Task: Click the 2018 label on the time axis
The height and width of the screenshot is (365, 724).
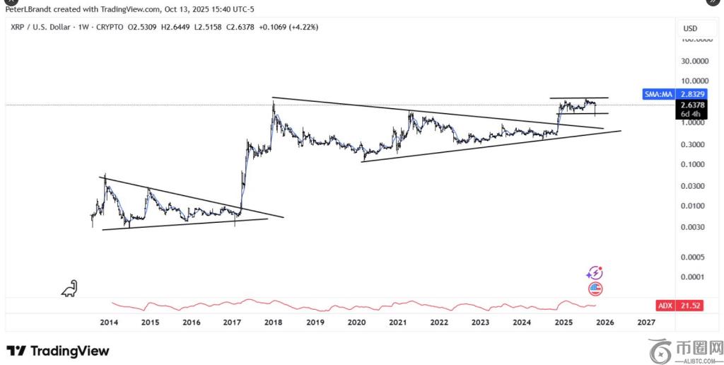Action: point(274,322)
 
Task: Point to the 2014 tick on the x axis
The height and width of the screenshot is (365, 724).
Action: point(108,322)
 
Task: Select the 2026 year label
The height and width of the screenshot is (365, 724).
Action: point(605,322)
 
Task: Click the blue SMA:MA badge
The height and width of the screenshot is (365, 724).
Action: point(658,93)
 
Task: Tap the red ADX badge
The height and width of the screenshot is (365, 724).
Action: point(665,306)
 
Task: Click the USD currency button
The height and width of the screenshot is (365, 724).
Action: point(690,28)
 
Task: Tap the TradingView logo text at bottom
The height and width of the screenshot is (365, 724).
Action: point(58,351)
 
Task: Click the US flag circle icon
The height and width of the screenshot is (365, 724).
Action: point(595,288)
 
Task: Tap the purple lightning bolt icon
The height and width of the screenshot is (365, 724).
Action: point(595,273)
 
